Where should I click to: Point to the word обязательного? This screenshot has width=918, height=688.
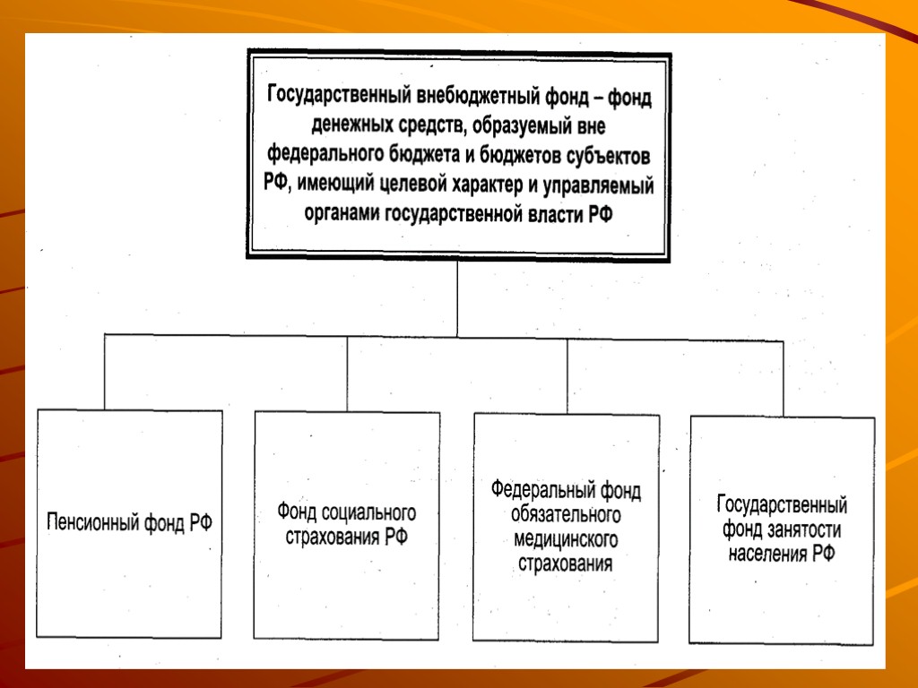(x=566, y=515)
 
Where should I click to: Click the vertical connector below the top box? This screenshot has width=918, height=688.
(x=457, y=298)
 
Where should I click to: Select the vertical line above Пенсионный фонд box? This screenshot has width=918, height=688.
(x=106, y=372)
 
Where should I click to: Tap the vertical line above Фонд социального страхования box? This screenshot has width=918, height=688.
(x=348, y=374)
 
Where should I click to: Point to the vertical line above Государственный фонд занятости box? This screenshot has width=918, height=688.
(x=783, y=379)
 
